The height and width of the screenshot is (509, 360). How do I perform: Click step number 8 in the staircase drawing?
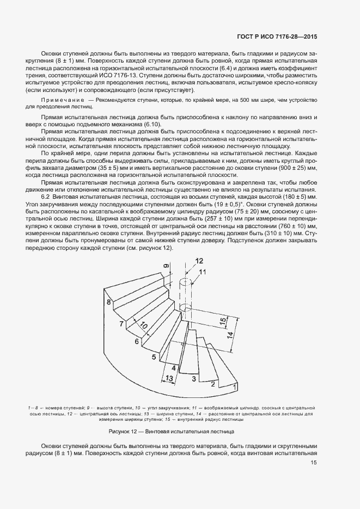pyautogui.click(x=109, y=302)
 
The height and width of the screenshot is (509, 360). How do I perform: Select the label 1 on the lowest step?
pyautogui.click(x=234, y=387)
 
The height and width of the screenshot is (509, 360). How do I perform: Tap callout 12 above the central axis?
pyautogui.click(x=199, y=261)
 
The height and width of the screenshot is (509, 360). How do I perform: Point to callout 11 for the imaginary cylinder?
pyautogui.click(x=203, y=272)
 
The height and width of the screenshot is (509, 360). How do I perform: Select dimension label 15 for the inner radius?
pyautogui.click(x=223, y=322)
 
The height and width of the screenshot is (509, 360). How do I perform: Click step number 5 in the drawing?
pyautogui.click(x=154, y=357)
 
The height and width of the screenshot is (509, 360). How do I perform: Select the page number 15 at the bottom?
pyautogui.click(x=314, y=463)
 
